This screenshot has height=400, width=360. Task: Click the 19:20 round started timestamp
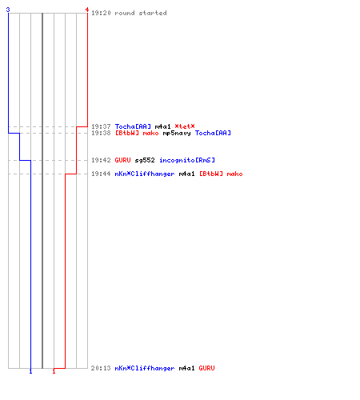coord(101,13)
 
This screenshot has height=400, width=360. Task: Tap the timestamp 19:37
coord(101,126)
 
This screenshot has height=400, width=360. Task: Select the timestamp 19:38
coord(101,133)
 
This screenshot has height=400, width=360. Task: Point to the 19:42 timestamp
coord(101,160)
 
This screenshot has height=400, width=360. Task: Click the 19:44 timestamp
coord(101,174)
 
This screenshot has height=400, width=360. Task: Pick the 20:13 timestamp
coord(101,368)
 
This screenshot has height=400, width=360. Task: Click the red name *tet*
coord(185,126)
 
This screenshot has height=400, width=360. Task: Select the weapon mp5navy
coord(177,133)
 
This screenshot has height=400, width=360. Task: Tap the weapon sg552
coord(145,160)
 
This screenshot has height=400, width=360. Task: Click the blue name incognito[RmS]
coord(187,160)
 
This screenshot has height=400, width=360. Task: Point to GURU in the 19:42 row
coord(123,160)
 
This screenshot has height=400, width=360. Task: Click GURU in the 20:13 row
coord(206,368)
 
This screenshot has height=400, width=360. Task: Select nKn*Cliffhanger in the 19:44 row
coord(145,174)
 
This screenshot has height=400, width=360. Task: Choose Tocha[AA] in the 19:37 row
coord(133,126)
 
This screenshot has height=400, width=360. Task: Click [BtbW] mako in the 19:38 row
coord(137,133)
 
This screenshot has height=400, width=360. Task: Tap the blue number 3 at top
coord(8,10)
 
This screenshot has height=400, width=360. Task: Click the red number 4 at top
coord(87,10)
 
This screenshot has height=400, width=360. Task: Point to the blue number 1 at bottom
coord(30,371)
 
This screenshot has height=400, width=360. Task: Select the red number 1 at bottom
coord(54,371)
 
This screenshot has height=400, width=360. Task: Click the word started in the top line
coord(153,13)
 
